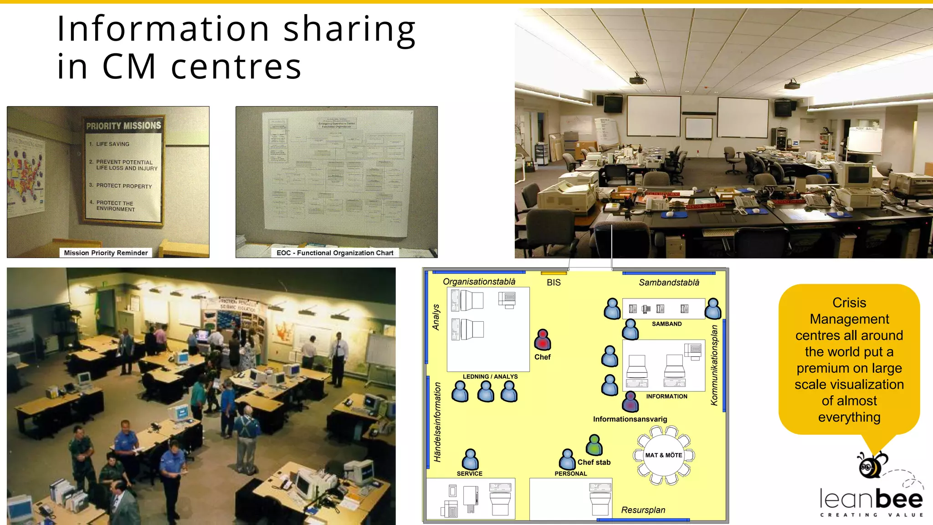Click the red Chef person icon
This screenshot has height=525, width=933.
tap(542, 340)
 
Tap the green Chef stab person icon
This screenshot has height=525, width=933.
tap(594, 445)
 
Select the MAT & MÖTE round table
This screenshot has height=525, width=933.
tap(664, 455)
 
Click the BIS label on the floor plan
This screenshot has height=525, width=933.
tap(554, 283)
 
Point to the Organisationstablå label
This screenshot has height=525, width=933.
tap(479, 282)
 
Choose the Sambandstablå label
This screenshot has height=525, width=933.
tap(669, 283)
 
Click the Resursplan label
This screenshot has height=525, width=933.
tap(643, 510)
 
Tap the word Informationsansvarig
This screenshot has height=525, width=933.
tap(630, 419)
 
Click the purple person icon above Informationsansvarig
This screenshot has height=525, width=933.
tap(631, 401)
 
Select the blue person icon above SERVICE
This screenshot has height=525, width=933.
tap(470, 459)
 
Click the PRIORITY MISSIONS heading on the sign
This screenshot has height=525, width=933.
tap(123, 126)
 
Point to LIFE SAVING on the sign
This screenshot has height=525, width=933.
tap(113, 144)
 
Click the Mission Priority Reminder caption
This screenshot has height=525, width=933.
tap(106, 253)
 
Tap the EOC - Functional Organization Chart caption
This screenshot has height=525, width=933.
tap(335, 253)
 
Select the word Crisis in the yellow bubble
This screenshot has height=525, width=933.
tap(849, 303)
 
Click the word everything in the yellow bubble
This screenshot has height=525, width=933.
tap(849, 417)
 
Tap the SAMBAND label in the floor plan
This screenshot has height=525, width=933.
tap(666, 324)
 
